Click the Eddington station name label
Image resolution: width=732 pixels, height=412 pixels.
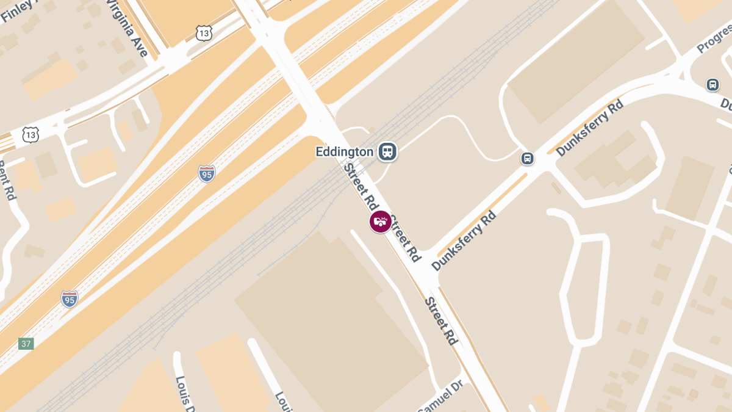(x=344, y=151)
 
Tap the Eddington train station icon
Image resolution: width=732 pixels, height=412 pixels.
(x=387, y=151)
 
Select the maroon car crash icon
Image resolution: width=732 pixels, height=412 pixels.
(x=381, y=222)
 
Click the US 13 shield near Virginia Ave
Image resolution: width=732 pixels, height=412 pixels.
(x=204, y=33)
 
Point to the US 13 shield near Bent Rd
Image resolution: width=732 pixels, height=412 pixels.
(x=30, y=135)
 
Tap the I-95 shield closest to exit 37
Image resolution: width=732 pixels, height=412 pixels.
(x=70, y=299)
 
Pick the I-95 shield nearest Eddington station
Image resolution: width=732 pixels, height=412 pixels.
(x=207, y=173)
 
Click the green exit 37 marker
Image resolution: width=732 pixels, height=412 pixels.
(x=26, y=344)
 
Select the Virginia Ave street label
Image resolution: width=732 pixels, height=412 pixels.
(x=127, y=28)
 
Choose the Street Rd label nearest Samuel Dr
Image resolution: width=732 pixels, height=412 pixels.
(x=441, y=320)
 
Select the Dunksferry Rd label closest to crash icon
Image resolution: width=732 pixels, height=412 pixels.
(x=464, y=240)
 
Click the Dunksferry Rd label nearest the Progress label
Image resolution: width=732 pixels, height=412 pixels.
(x=589, y=128)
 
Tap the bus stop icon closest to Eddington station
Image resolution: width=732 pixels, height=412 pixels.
(x=527, y=159)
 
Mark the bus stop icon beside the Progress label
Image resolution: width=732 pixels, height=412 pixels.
(x=712, y=85)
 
